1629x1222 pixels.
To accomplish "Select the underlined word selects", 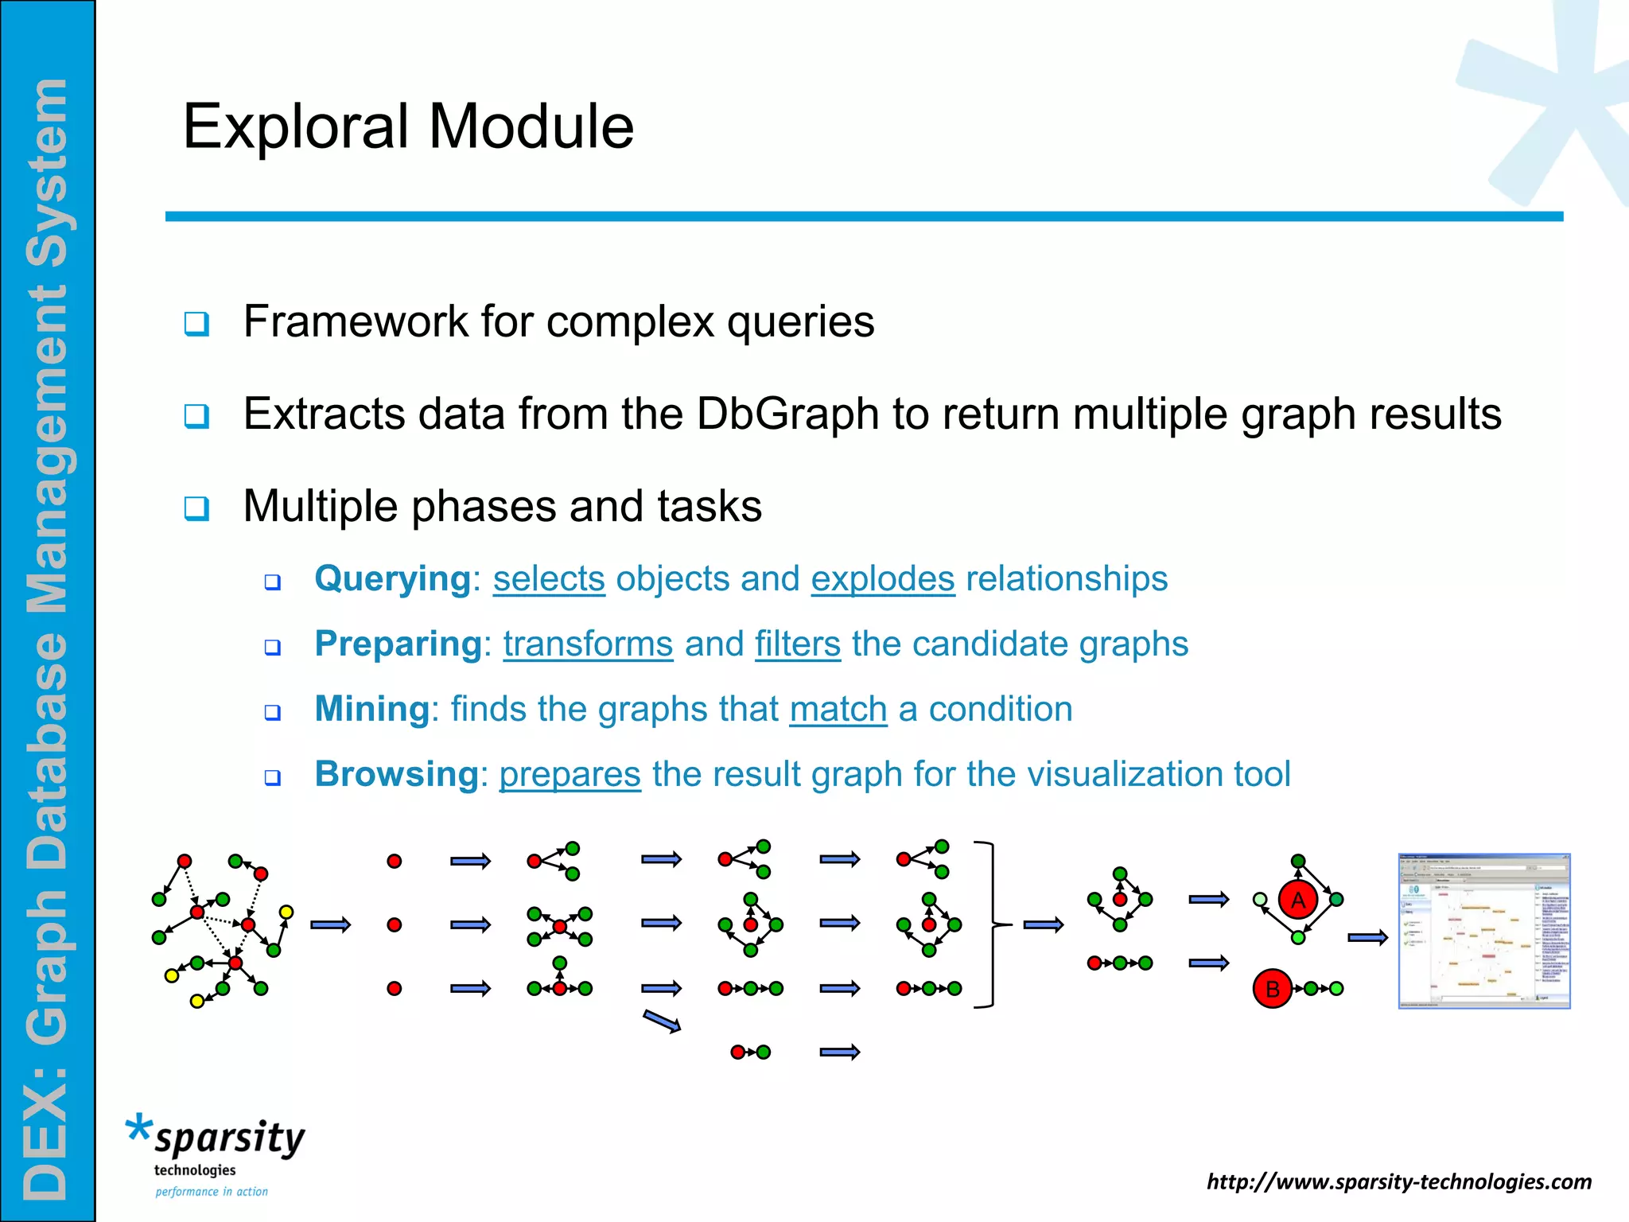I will (x=549, y=579).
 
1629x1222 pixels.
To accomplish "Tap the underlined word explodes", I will (x=882, y=579).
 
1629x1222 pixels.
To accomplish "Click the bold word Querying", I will (x=393, y=579).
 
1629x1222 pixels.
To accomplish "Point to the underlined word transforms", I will (x=588, y=644).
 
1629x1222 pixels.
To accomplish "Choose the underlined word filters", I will (x=797, y=644).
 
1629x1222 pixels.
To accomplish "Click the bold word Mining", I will (x=372, y=709).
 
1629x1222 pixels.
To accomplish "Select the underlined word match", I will (x=838, y=709).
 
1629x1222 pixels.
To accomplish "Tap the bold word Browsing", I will (x=396, y=774).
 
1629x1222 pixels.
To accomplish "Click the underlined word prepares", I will (x=570, y=774).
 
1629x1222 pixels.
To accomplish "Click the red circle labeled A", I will (x=1298, y=900).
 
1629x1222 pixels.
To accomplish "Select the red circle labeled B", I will (x=1272, y=989).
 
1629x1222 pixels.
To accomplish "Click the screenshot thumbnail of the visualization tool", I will (x=1483, y=931).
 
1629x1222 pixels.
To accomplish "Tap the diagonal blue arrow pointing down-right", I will (x=662, y=1022).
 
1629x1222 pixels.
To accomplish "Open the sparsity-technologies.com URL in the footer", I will (x=1398, y=1181).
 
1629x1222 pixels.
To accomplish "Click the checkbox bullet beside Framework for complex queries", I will (x=196, y=324).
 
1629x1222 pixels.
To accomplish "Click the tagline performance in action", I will (x=212, y=1192).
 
